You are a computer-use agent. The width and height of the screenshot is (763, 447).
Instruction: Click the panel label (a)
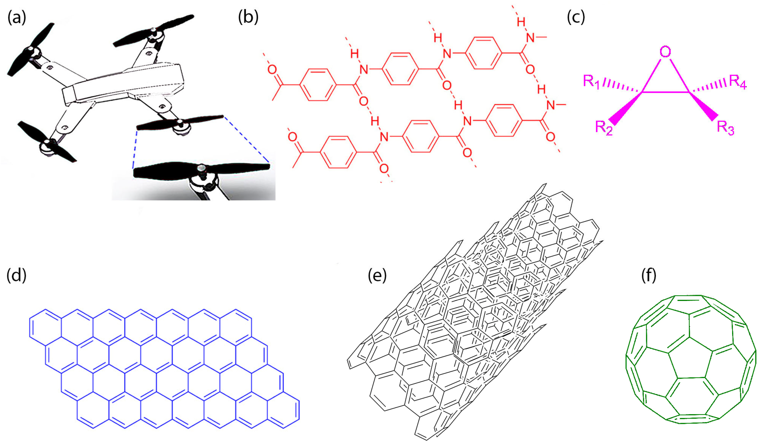click(17, 17)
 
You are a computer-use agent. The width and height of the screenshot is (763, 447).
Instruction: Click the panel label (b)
click(248, 17)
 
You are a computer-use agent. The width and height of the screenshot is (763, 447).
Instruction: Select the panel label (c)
click(576, 17)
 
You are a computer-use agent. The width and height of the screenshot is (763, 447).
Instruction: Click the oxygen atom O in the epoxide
click(665, 52)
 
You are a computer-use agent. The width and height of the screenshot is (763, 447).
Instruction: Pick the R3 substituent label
click(725, 127)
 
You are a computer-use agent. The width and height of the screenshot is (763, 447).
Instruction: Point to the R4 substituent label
click(737, 82)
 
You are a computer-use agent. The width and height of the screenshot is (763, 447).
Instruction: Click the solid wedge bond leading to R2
click(625, 108)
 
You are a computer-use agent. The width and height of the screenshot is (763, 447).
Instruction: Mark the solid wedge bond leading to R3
click(704, 105)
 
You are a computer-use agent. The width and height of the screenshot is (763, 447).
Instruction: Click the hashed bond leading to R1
click(621, 86)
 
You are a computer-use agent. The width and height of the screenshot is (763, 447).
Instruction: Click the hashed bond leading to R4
click(708, 86)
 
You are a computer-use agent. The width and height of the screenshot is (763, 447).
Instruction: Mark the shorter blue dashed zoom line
click(135, 148)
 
